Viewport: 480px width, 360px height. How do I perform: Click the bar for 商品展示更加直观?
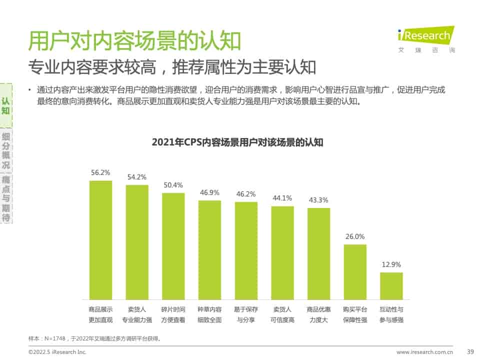pos(100,240)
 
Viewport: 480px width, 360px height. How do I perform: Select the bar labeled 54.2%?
pos(137,242)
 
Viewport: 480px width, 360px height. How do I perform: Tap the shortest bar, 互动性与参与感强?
pos(391,285)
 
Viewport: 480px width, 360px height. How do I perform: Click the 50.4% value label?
pos(173,185)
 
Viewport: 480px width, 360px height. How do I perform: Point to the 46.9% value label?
pos(209,192)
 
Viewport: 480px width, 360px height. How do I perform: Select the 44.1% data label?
pos(282,198)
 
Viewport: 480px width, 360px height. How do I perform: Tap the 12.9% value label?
pos(391,264)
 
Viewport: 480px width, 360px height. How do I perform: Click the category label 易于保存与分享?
pos(246,314)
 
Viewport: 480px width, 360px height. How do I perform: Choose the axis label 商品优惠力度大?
pos(318,314)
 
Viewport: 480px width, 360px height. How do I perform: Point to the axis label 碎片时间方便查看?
pos(173,314)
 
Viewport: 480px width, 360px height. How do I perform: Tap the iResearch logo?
pos(425,37)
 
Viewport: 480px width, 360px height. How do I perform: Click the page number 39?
pos(469,352)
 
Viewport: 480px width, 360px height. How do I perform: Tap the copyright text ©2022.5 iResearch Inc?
pos(57,352)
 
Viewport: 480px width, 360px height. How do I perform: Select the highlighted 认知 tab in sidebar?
pos(6,105)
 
